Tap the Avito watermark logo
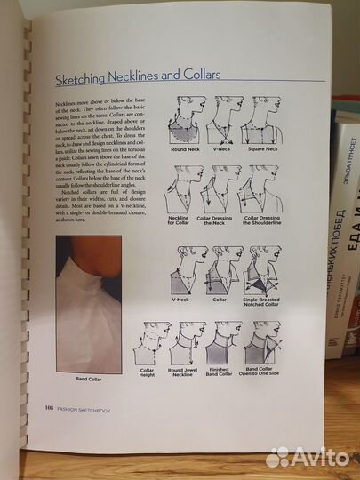click(307, 456)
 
